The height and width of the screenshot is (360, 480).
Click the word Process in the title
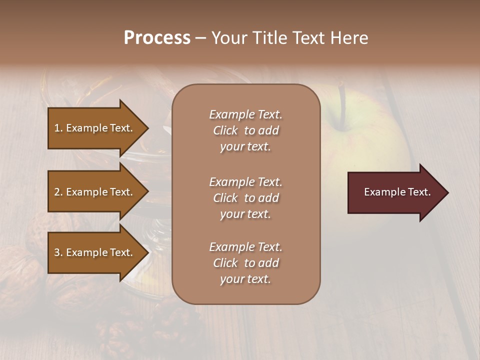click(x=157, y=38)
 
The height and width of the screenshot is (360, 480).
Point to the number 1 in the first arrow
click(x=57, y=128)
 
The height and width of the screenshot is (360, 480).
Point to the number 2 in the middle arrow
click(x=57, y=192)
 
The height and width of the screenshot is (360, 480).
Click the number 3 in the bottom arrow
click(x=57, y=252)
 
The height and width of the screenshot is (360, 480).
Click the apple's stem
click(x=342, y=105)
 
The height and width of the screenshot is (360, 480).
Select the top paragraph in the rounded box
click(x=245, y=130)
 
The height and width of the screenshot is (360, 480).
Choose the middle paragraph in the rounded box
click(x=245, y=198)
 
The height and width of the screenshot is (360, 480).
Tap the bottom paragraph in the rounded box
click(x=245, y=263)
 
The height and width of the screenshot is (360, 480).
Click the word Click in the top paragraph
click(x=225, y=130)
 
